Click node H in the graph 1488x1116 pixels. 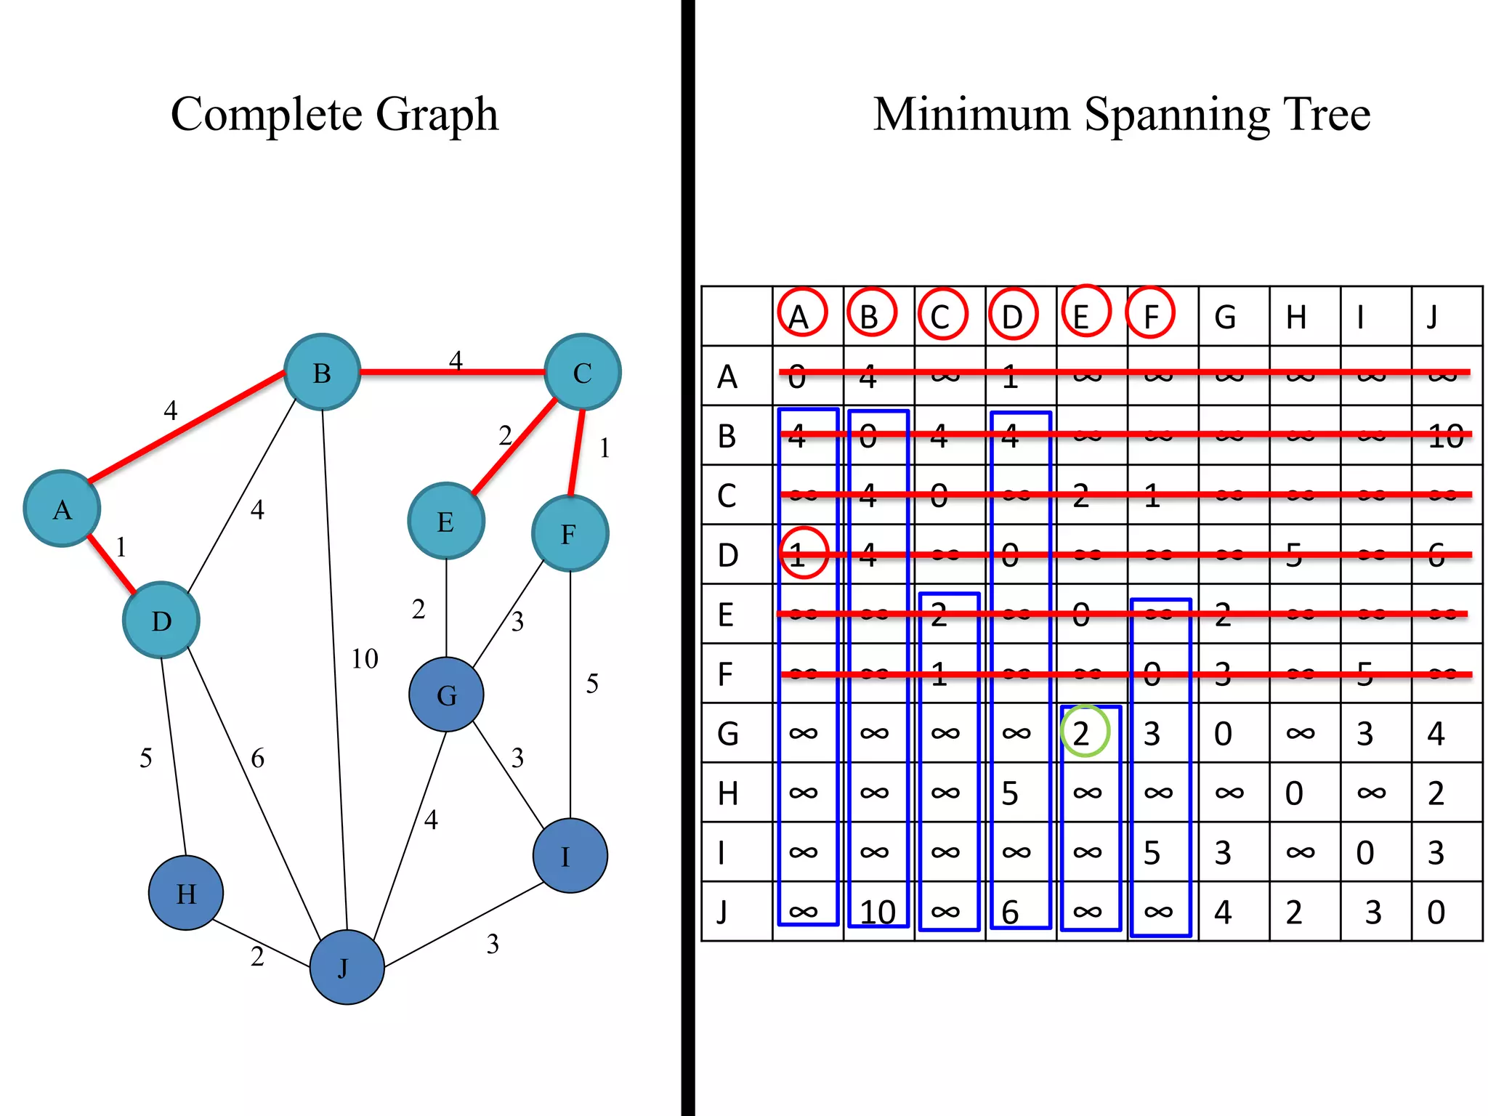(x=186, y=893)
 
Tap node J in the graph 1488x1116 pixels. (x=347, y=967)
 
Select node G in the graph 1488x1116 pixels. (x=446, y=695)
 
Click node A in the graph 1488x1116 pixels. (x=62, y=509)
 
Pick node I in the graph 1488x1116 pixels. (x=570, y=856)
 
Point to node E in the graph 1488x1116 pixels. (x=446, y=521)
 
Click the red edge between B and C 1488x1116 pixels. (x=450, y=372)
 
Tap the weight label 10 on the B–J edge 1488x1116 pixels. (x=365, y=659)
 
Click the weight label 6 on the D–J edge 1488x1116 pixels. (x=257, y=759)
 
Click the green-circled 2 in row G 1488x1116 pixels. (x=1084, y=732)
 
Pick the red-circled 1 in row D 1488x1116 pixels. (x=803, y=554)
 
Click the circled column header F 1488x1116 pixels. (x=1150, y=314)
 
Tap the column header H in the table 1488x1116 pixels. (x=1296, y=318)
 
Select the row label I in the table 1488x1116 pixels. (x=721, y=852)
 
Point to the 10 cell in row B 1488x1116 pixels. (x=1445, y=436)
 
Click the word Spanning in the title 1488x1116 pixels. (x=1177, y=115)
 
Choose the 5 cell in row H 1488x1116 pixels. (x=1010, y=793)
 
